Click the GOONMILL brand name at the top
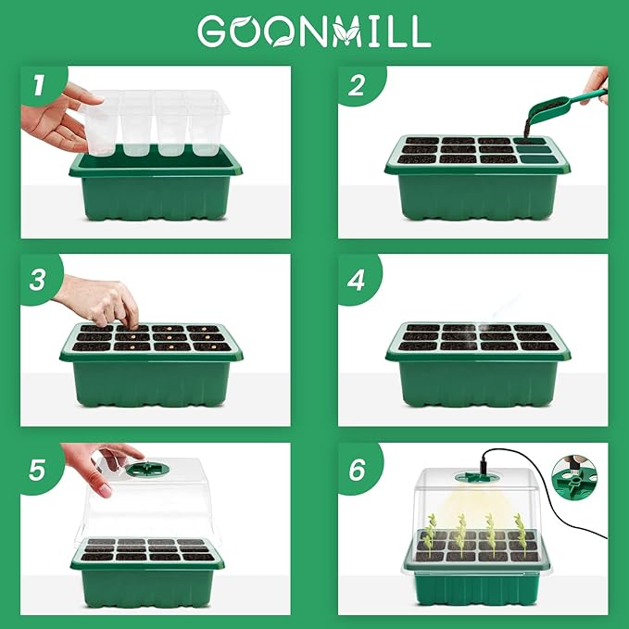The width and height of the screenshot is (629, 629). pyautogui.click(x=314, y=31)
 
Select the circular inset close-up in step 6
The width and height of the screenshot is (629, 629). pyautogui.click(x=574, y=473)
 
